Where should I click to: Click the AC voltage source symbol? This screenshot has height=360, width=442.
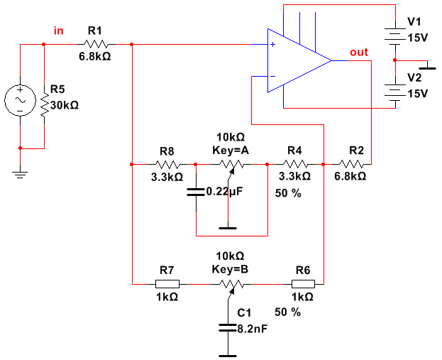click(21, 100)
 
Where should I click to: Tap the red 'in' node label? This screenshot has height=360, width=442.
click(59, 31)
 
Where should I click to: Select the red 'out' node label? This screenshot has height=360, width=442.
click(359, 53)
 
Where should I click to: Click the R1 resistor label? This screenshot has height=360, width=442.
click(94, 31)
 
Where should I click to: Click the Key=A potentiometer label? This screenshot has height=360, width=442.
click(231, 150)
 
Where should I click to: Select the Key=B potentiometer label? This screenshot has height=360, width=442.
click(231, 268)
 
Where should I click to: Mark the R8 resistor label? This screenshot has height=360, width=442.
click(167, 151)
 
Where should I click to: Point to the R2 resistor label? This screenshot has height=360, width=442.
click(356, 151)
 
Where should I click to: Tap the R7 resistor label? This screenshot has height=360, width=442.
click(167, 270)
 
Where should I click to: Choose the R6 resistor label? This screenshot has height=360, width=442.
click(302, 270)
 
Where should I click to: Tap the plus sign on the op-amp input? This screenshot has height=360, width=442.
click(272, 45)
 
